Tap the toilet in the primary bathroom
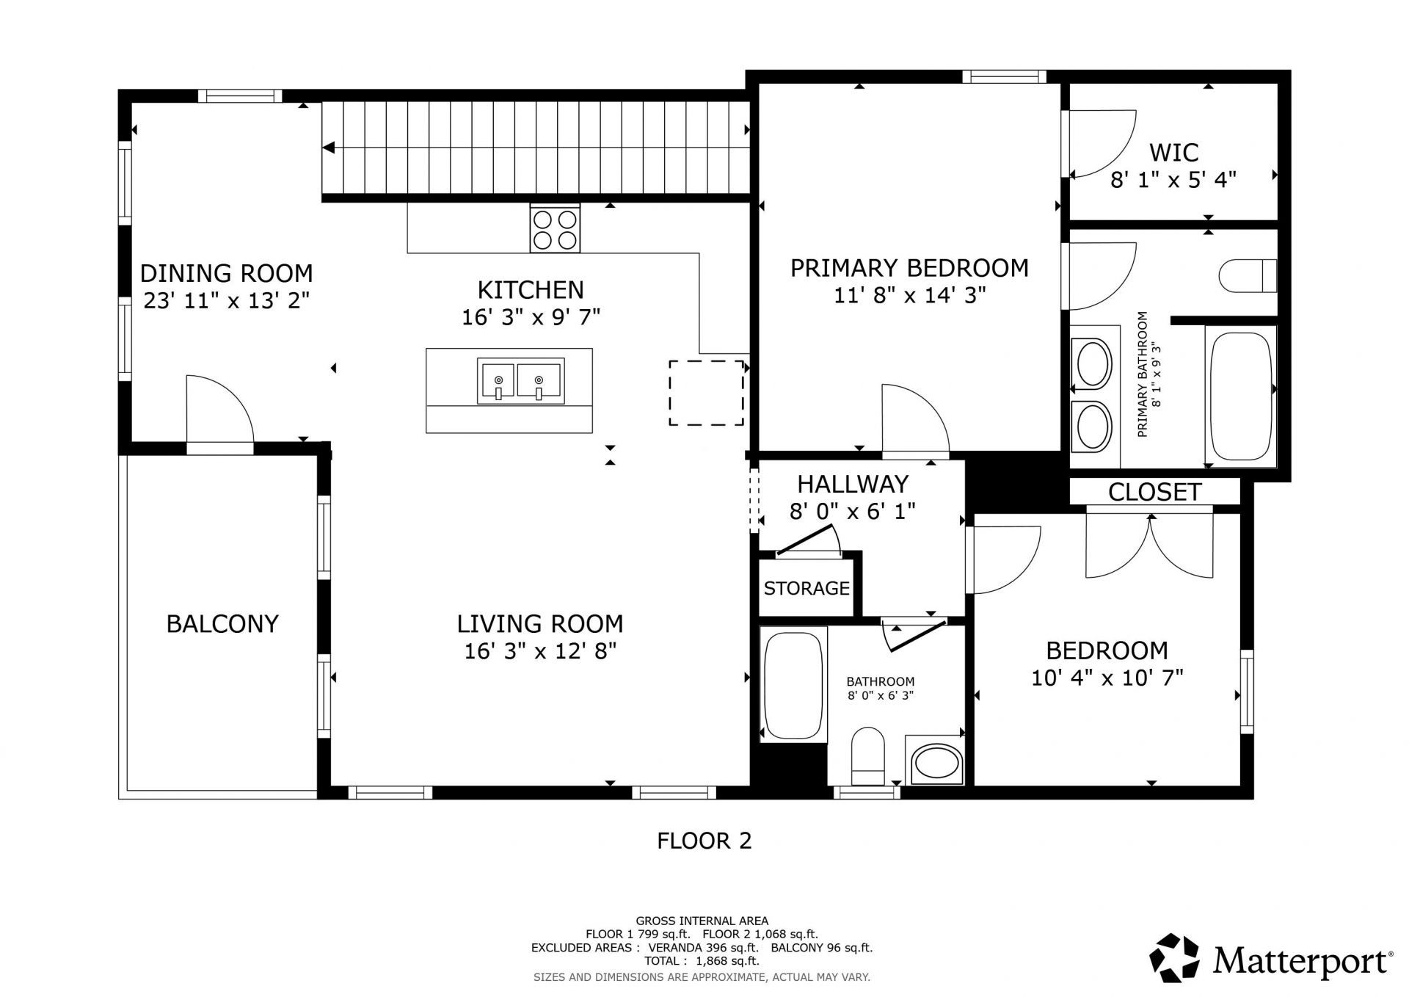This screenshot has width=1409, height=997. tap(1248, 277)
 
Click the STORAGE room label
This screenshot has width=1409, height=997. tap(807, 588)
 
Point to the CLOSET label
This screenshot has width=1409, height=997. tap(1154, 492)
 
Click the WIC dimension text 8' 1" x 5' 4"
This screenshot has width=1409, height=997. tap(1173, 180)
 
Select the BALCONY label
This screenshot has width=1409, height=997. tap(222, 624)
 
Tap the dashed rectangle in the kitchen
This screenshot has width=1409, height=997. tap(706, 393)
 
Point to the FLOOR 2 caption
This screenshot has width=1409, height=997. tap(704, 841)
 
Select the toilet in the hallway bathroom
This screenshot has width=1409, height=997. tap(868, 756)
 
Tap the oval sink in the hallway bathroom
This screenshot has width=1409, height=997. tap(935, 765)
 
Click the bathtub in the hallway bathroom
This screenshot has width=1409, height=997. tap(793, 684)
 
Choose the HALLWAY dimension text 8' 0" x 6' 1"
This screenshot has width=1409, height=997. tap(853, 511)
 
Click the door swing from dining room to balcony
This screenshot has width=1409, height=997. tap(220, 411)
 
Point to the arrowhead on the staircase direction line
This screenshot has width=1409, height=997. tap(328, 148)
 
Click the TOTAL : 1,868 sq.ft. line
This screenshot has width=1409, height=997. tap(702, 961)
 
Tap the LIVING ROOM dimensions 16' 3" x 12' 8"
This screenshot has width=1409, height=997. tap(539, 651)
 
